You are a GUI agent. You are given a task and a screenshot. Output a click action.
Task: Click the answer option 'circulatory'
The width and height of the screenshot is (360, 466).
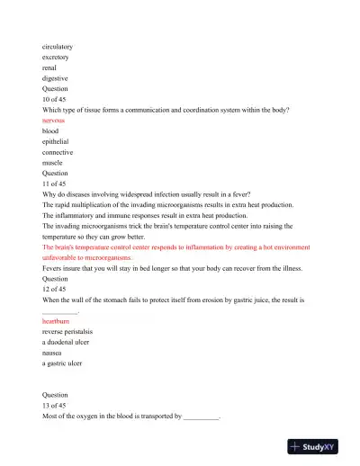58,45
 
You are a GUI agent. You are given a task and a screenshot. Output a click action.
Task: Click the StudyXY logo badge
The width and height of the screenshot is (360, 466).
318,446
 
